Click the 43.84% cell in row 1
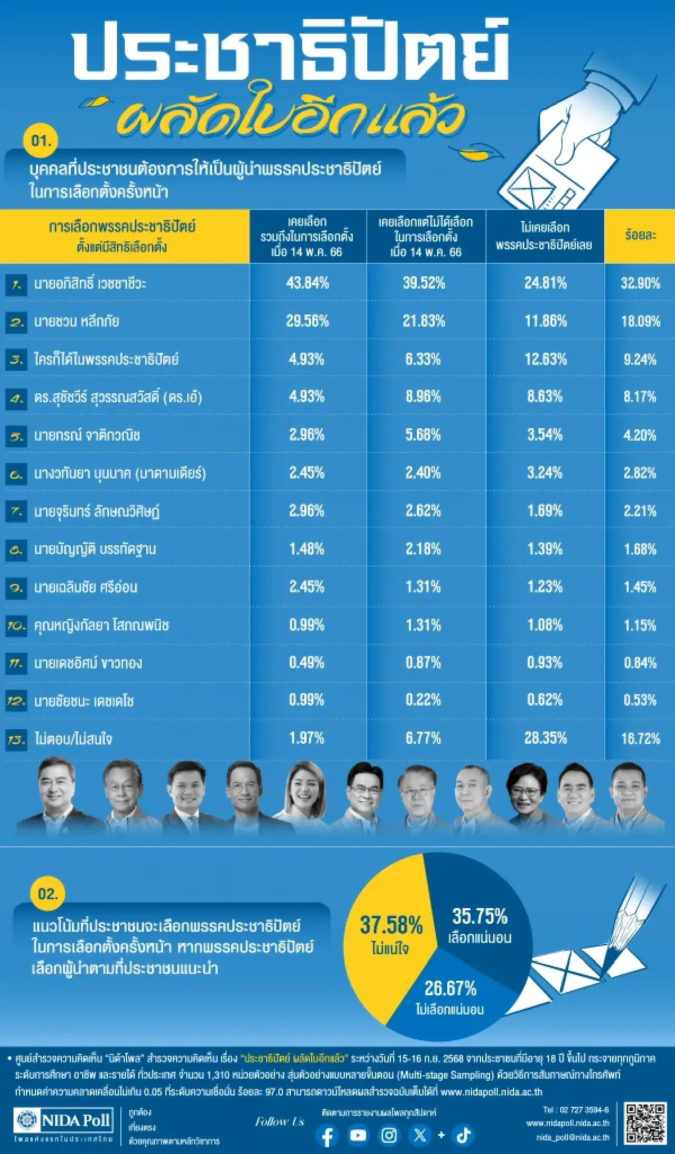tap(307, 282)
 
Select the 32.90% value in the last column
tap(640, 282)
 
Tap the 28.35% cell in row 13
tap(545, 738)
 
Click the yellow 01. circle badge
tap(41, 140)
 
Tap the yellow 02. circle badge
tap(48, 893)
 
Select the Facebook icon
tap(327, 1135)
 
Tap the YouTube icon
tap(358, 1135)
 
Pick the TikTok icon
tap(463, 1135)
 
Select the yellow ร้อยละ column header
tap(640, 236)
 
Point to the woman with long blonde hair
tap(307, 793)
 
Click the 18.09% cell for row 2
tap(640, 321)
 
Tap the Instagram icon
tap(389, 1135)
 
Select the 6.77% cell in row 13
tap(423, 738)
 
